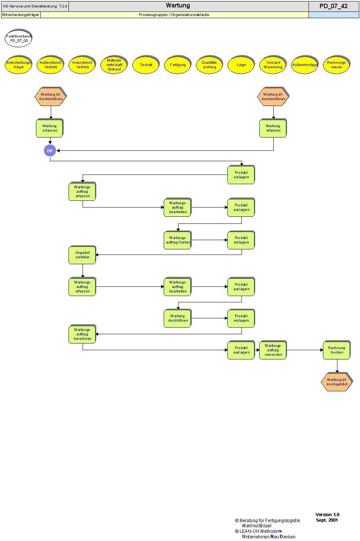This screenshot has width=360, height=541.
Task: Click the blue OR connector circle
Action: pos(50,151)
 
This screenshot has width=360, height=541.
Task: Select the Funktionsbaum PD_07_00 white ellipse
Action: pos(19,39)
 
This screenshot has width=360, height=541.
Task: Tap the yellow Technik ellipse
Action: pos(146,65)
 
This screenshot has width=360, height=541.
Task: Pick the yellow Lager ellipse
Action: pos(241,65)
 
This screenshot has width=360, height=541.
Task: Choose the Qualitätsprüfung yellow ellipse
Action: pos(210,65)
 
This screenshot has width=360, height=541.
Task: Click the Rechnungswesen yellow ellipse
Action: pos(337,65)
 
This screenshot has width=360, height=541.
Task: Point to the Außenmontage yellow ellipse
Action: pos(305,65)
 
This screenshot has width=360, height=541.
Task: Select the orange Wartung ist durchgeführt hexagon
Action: pos(337,382)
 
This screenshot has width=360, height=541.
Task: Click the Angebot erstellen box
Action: pos(83,255)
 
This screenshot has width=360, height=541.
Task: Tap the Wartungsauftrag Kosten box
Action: pos(178,240)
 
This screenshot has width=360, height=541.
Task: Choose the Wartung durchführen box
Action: pos(178,318)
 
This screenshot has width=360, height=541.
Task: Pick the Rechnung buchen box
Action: pos(337,350)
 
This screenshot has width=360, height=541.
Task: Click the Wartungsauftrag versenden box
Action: pos(273,350)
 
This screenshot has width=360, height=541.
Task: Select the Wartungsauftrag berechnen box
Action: pos(83,334)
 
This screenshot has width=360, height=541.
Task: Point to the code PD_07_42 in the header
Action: pos(333,6)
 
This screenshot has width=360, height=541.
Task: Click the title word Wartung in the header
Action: pos(178,6)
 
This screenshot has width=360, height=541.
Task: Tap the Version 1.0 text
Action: pos(327,515)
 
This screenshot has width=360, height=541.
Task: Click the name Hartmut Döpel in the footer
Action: pos(257,526)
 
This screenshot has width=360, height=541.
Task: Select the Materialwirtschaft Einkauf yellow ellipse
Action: pos(114,65)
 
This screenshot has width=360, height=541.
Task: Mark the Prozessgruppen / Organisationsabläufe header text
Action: pos(174,15)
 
